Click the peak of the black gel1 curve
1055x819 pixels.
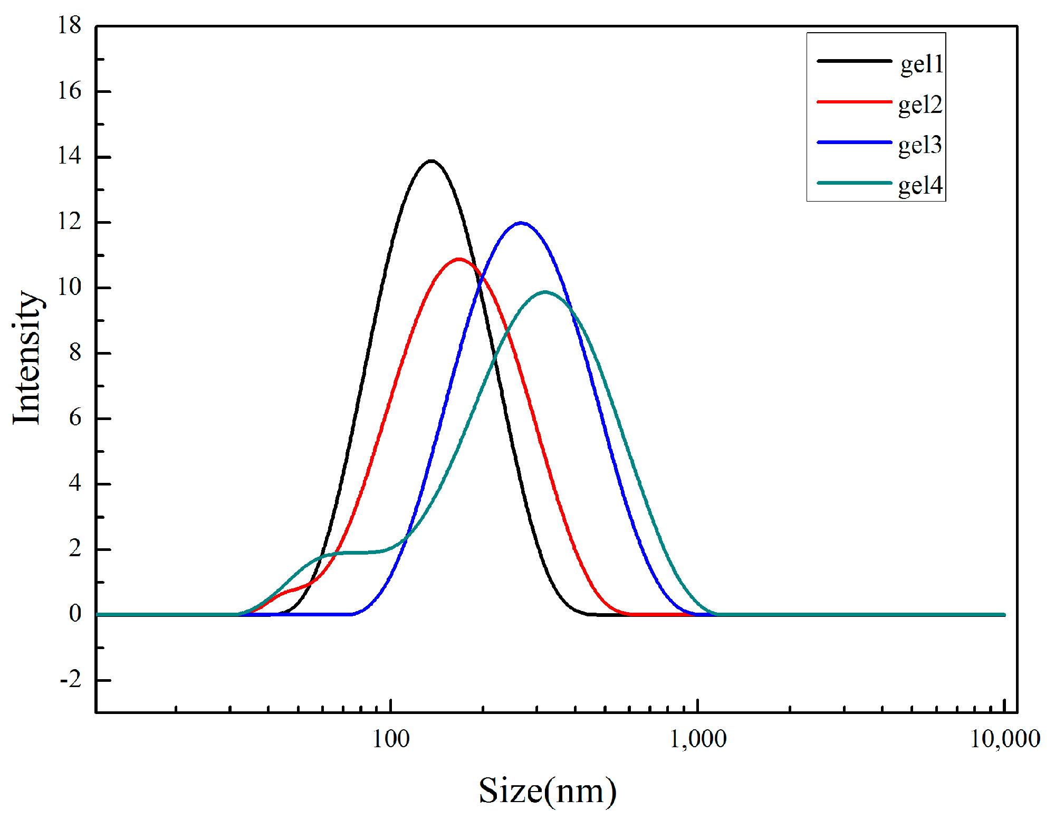431,161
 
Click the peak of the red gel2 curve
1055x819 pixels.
458,259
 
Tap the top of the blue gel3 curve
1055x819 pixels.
521,223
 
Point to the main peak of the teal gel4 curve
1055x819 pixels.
545,292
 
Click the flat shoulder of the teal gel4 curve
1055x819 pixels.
353,553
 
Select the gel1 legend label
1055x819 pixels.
921,64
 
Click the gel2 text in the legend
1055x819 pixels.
920,105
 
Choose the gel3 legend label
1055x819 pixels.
920,145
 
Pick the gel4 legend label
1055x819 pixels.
920,186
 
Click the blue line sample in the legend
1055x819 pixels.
854,142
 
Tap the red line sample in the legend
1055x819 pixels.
854,101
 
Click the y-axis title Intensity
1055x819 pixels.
27,357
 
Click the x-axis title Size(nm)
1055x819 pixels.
547,791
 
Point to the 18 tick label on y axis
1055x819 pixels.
70,26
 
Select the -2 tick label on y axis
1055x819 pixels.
71,680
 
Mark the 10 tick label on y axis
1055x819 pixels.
70,288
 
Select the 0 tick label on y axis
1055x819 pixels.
75,614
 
